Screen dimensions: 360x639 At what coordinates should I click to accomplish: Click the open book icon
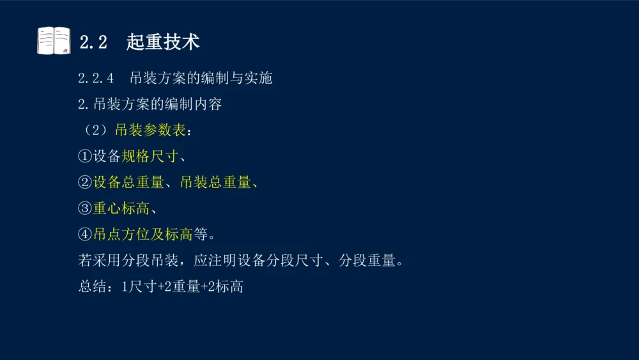(54, 41)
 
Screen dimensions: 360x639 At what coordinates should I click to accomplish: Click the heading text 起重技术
(163, 42)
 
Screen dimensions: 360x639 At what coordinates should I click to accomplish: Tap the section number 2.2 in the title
(93, 42)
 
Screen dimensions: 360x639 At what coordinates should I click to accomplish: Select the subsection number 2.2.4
(96, 78)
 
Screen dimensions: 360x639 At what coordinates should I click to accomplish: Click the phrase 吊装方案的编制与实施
(201, 78)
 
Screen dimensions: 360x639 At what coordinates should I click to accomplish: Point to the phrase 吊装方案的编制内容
(158, 104)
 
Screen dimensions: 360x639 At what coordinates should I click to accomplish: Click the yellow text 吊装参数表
(150, 130)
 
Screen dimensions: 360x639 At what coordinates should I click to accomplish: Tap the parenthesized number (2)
(94, 130)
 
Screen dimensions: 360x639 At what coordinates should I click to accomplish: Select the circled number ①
(85, 157)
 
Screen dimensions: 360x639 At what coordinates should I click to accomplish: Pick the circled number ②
(85, 182)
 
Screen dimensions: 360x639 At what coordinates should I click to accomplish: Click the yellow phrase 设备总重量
(128, 182)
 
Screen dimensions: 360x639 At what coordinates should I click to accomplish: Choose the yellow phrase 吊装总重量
(215, 182)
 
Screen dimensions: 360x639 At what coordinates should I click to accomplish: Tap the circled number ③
(85, 208)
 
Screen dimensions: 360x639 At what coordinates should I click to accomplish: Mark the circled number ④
(85, 235)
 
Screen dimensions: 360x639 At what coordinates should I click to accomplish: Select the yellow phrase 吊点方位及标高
(142, 235)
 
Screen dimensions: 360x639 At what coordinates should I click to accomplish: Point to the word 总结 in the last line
(92, 287)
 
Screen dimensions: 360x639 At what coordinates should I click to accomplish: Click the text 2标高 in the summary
(225, 287)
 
